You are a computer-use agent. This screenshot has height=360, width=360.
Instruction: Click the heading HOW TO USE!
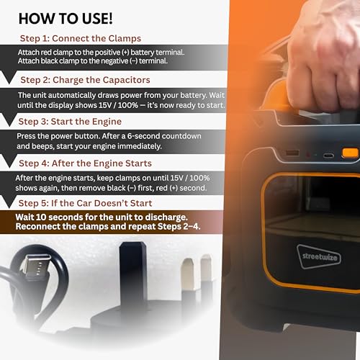(x=66, y=19)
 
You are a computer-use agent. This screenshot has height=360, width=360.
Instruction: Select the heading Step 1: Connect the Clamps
(x=81, y=38)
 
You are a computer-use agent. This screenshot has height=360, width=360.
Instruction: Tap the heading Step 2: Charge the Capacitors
(x=85, y=80)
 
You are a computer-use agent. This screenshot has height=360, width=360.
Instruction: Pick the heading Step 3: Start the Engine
(x=70, y=122)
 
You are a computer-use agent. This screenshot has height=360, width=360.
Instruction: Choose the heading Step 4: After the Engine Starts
(x=85, y=163)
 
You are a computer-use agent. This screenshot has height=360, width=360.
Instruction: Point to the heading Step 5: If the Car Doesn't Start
(x=85, y=203)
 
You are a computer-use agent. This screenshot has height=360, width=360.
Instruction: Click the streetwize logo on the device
(x=319, y=256)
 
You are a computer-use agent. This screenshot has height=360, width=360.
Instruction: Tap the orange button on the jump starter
(x=350, y=153)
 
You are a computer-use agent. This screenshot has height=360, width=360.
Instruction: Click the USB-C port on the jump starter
(x=328, y=156)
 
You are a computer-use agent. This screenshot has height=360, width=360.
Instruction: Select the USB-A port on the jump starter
(x=293, y=153)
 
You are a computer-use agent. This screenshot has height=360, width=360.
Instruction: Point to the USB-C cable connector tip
(x=38, y=266)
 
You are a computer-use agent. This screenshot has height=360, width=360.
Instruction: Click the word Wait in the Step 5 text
(x=24, y=217)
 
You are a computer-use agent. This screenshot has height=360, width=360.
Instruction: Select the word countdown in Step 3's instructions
(x=181, y=136)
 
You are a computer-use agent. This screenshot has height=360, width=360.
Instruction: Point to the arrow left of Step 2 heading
(x=9, y=77)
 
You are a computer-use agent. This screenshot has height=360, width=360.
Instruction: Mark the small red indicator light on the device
(x=307, y=154)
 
